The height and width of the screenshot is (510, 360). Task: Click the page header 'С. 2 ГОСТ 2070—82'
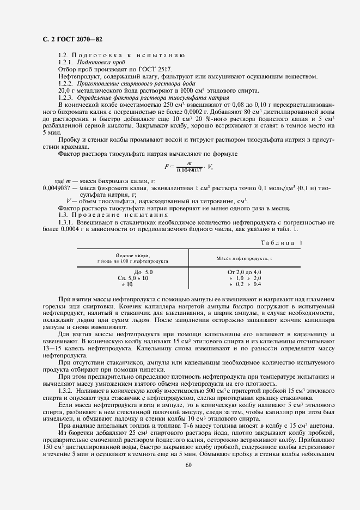pos(71,39)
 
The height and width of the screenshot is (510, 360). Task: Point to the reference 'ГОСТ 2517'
pos(157,70)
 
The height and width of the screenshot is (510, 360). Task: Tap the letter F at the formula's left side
pos(167,166)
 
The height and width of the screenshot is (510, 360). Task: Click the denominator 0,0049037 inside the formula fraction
pos(189,170)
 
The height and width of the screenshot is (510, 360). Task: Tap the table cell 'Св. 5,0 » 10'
pos(133,278)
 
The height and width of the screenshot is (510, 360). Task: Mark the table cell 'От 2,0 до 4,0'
pos(245,271)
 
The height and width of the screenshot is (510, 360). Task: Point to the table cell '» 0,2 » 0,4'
pos(246,284)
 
